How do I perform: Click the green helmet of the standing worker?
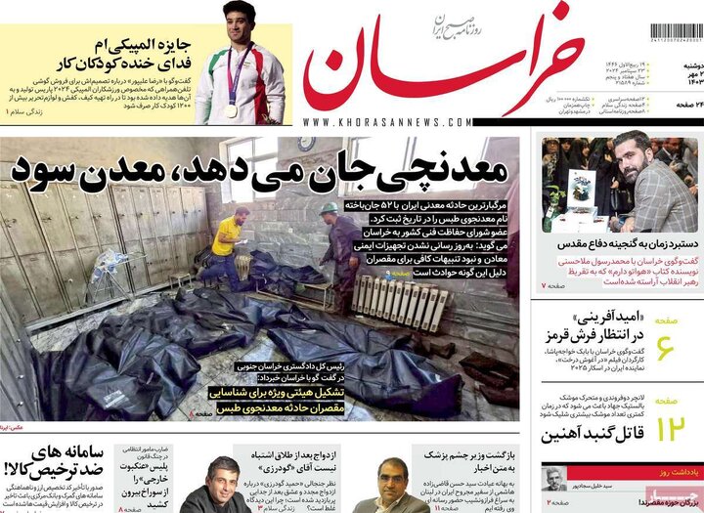point(329,208)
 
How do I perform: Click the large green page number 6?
point(665,347)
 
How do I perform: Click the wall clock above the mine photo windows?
point(306,144)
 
